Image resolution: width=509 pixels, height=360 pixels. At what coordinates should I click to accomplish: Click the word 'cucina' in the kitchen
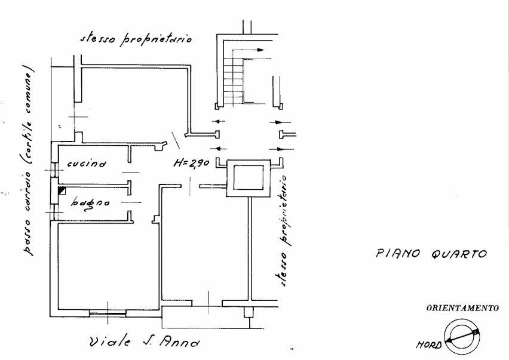[87, 163]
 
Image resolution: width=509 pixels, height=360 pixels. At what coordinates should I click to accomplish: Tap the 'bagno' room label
[90, 204]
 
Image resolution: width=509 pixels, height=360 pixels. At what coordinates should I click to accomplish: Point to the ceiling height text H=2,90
[191, 163]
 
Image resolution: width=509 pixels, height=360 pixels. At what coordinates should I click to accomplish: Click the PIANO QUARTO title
[431, 253]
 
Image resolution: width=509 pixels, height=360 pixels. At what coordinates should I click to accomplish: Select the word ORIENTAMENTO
[462, 308]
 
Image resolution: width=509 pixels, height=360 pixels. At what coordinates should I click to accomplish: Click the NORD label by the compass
[428, 344]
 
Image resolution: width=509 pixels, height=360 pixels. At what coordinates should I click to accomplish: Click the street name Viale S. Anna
[145, 342]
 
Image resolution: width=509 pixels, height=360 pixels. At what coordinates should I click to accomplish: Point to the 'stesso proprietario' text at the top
[136, 39]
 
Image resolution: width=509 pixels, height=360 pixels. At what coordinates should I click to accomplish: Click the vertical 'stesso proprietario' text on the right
[283, 231]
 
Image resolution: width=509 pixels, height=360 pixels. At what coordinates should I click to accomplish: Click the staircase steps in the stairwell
[234, 81]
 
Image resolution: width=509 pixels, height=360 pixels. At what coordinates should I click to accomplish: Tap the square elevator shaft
[249, 178]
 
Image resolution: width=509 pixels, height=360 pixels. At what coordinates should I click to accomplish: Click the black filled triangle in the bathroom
[61, 190]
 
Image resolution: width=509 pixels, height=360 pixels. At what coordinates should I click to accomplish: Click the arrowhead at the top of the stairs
[260, 50]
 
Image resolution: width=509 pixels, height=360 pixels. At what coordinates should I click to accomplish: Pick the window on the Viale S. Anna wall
[108, 313]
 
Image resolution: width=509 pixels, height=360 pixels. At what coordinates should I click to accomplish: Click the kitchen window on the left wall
[54, 170]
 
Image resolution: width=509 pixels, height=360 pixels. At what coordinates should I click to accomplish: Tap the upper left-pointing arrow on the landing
[219, 122]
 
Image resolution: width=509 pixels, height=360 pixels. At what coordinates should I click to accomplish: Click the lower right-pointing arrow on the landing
[281, 149]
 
